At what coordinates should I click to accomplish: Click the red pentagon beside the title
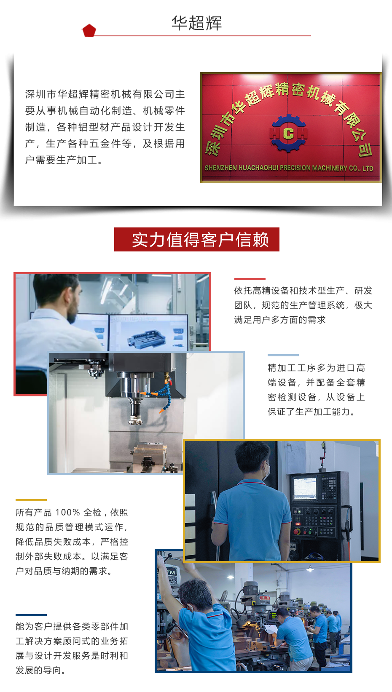(89, 31)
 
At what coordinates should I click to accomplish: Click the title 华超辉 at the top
(196, 23)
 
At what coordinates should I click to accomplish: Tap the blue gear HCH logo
(289, 134)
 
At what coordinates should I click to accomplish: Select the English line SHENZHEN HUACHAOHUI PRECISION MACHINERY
(289, 168)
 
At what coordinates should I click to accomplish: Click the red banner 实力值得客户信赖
(197, 240)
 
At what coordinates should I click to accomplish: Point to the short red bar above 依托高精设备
(250, 279)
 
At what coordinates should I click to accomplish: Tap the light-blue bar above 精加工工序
(283, 355)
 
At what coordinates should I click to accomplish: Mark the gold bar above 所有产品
(31, 500)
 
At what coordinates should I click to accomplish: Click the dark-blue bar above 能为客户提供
(31, 615)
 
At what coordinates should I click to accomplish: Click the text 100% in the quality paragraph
(67, 513)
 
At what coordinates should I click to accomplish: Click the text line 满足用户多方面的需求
(280, 320)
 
